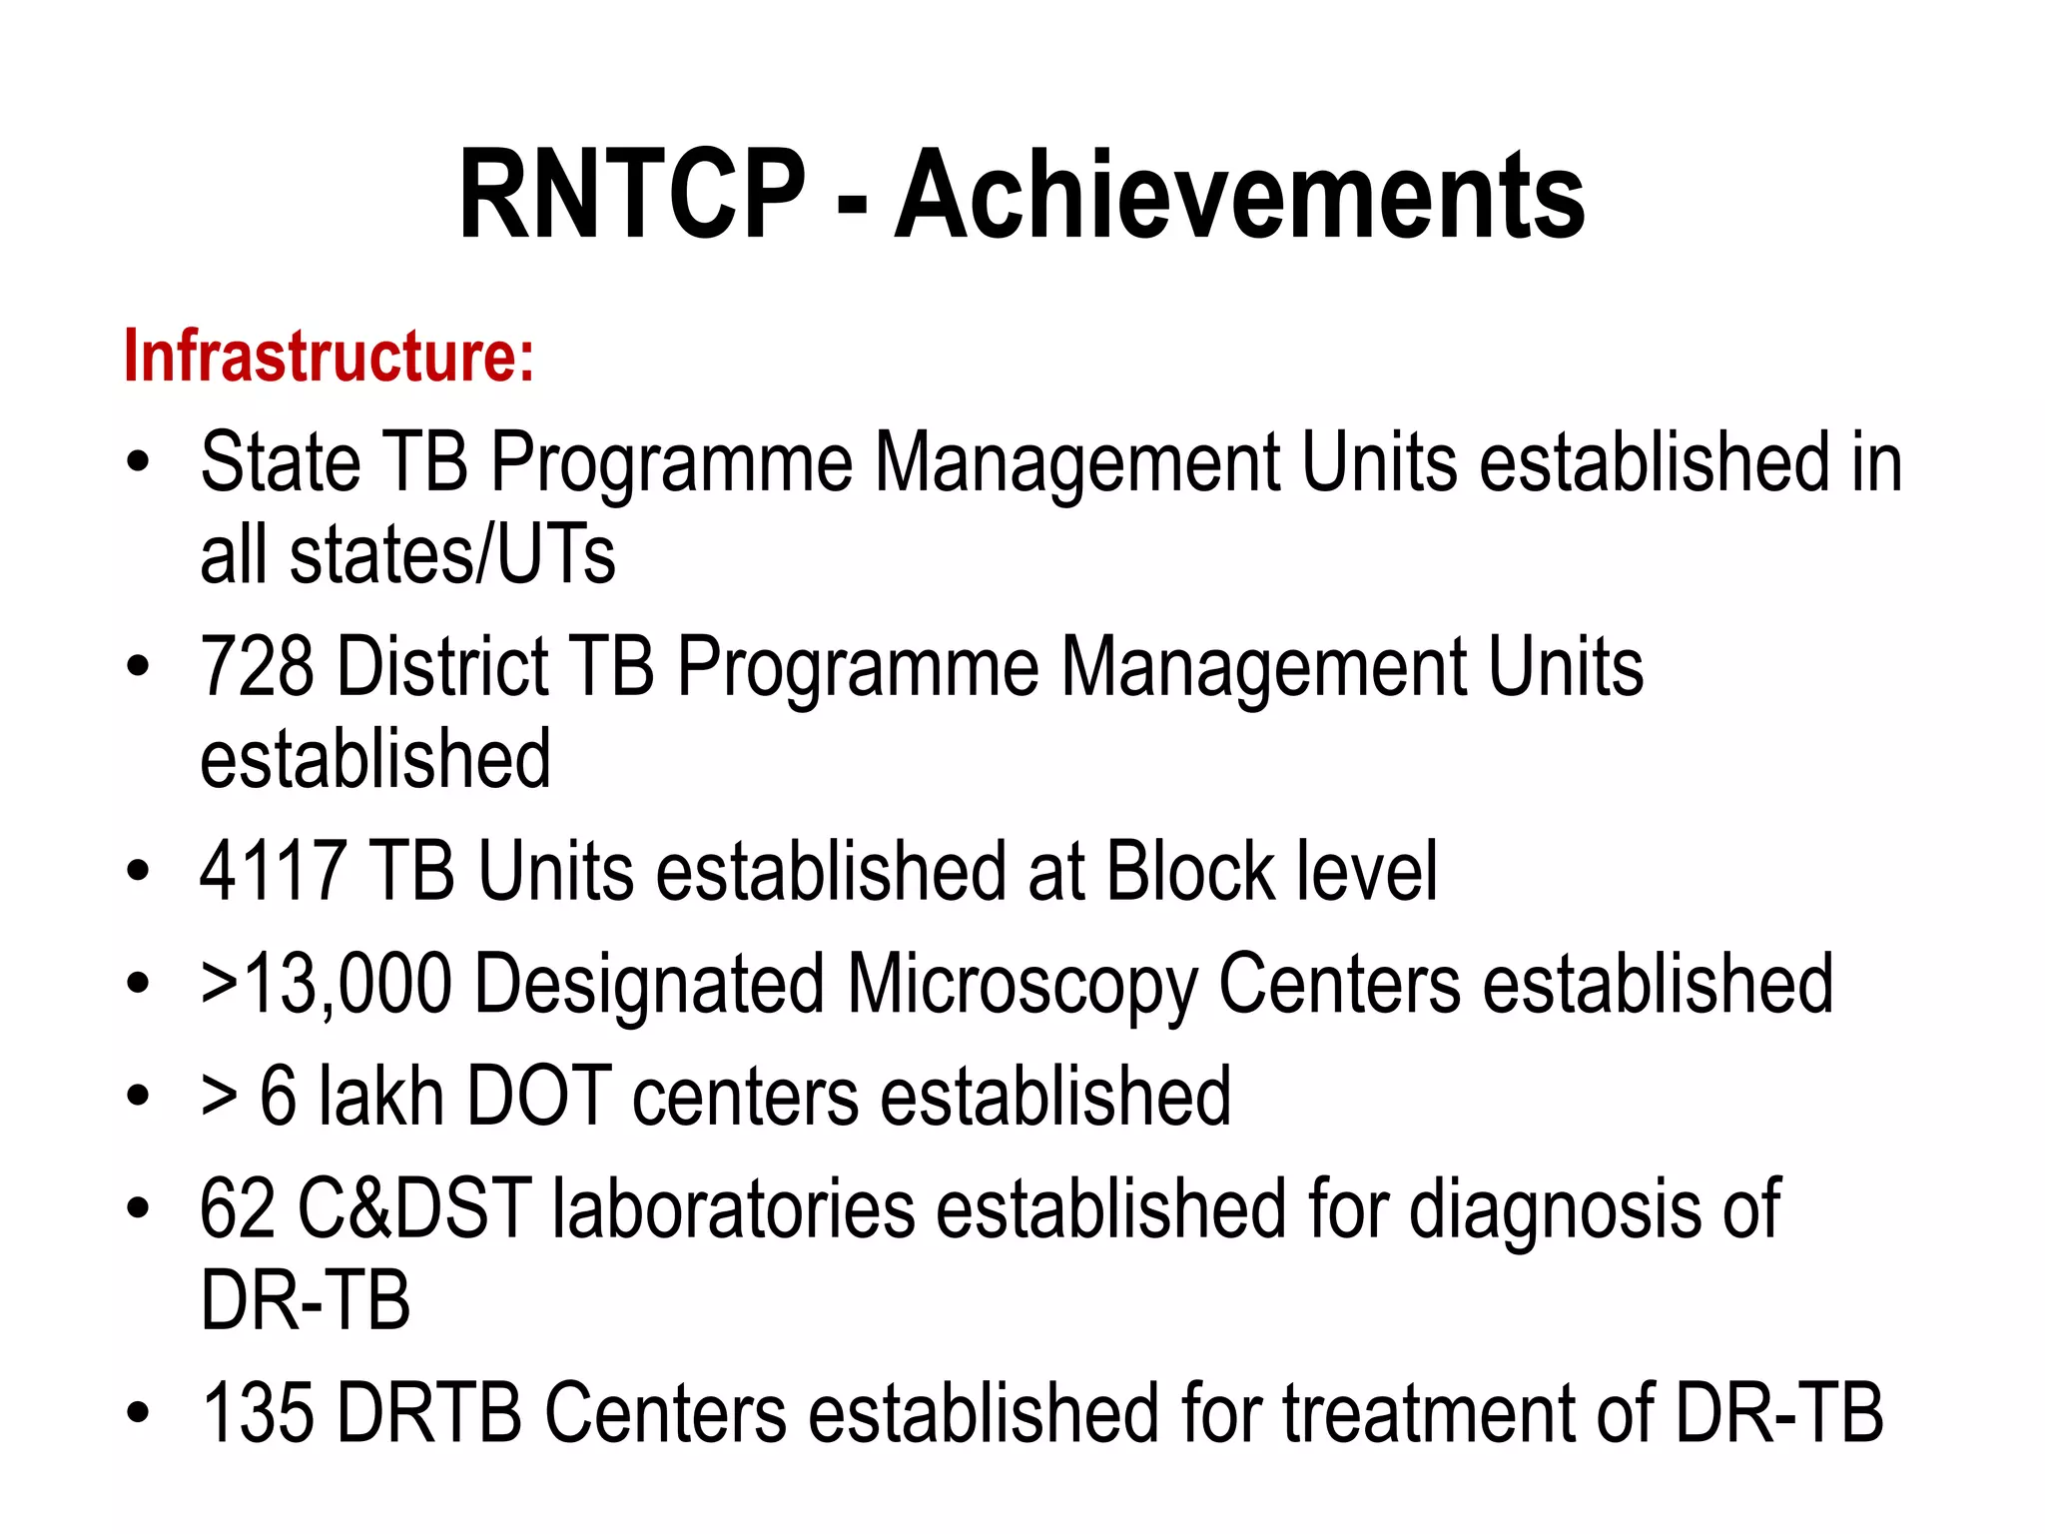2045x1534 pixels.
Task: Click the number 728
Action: (257, 666)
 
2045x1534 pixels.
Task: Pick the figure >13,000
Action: (326, 984)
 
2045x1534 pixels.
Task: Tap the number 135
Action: (258, 1412)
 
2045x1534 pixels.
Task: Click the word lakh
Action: (381, 1097)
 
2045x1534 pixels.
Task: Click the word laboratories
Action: (734, 1208)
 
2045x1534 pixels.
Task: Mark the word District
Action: (442, 666)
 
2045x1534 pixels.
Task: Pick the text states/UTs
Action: (452, 555)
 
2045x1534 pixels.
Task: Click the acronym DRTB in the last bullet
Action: (430, 1412)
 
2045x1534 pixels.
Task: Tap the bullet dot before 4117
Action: (138, 871)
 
